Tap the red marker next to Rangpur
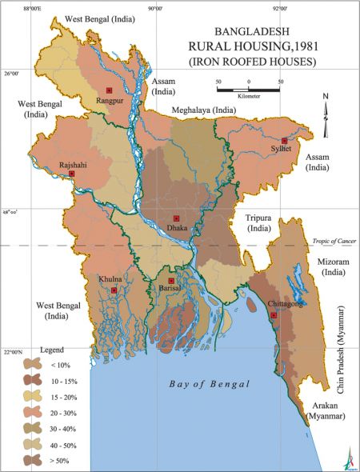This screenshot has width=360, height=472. (110, 90)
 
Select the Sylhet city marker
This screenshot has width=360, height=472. (284, 140)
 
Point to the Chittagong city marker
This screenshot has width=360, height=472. (274, 315)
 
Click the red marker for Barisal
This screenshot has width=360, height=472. (171, 281)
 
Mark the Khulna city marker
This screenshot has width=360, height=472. (114, 290)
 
